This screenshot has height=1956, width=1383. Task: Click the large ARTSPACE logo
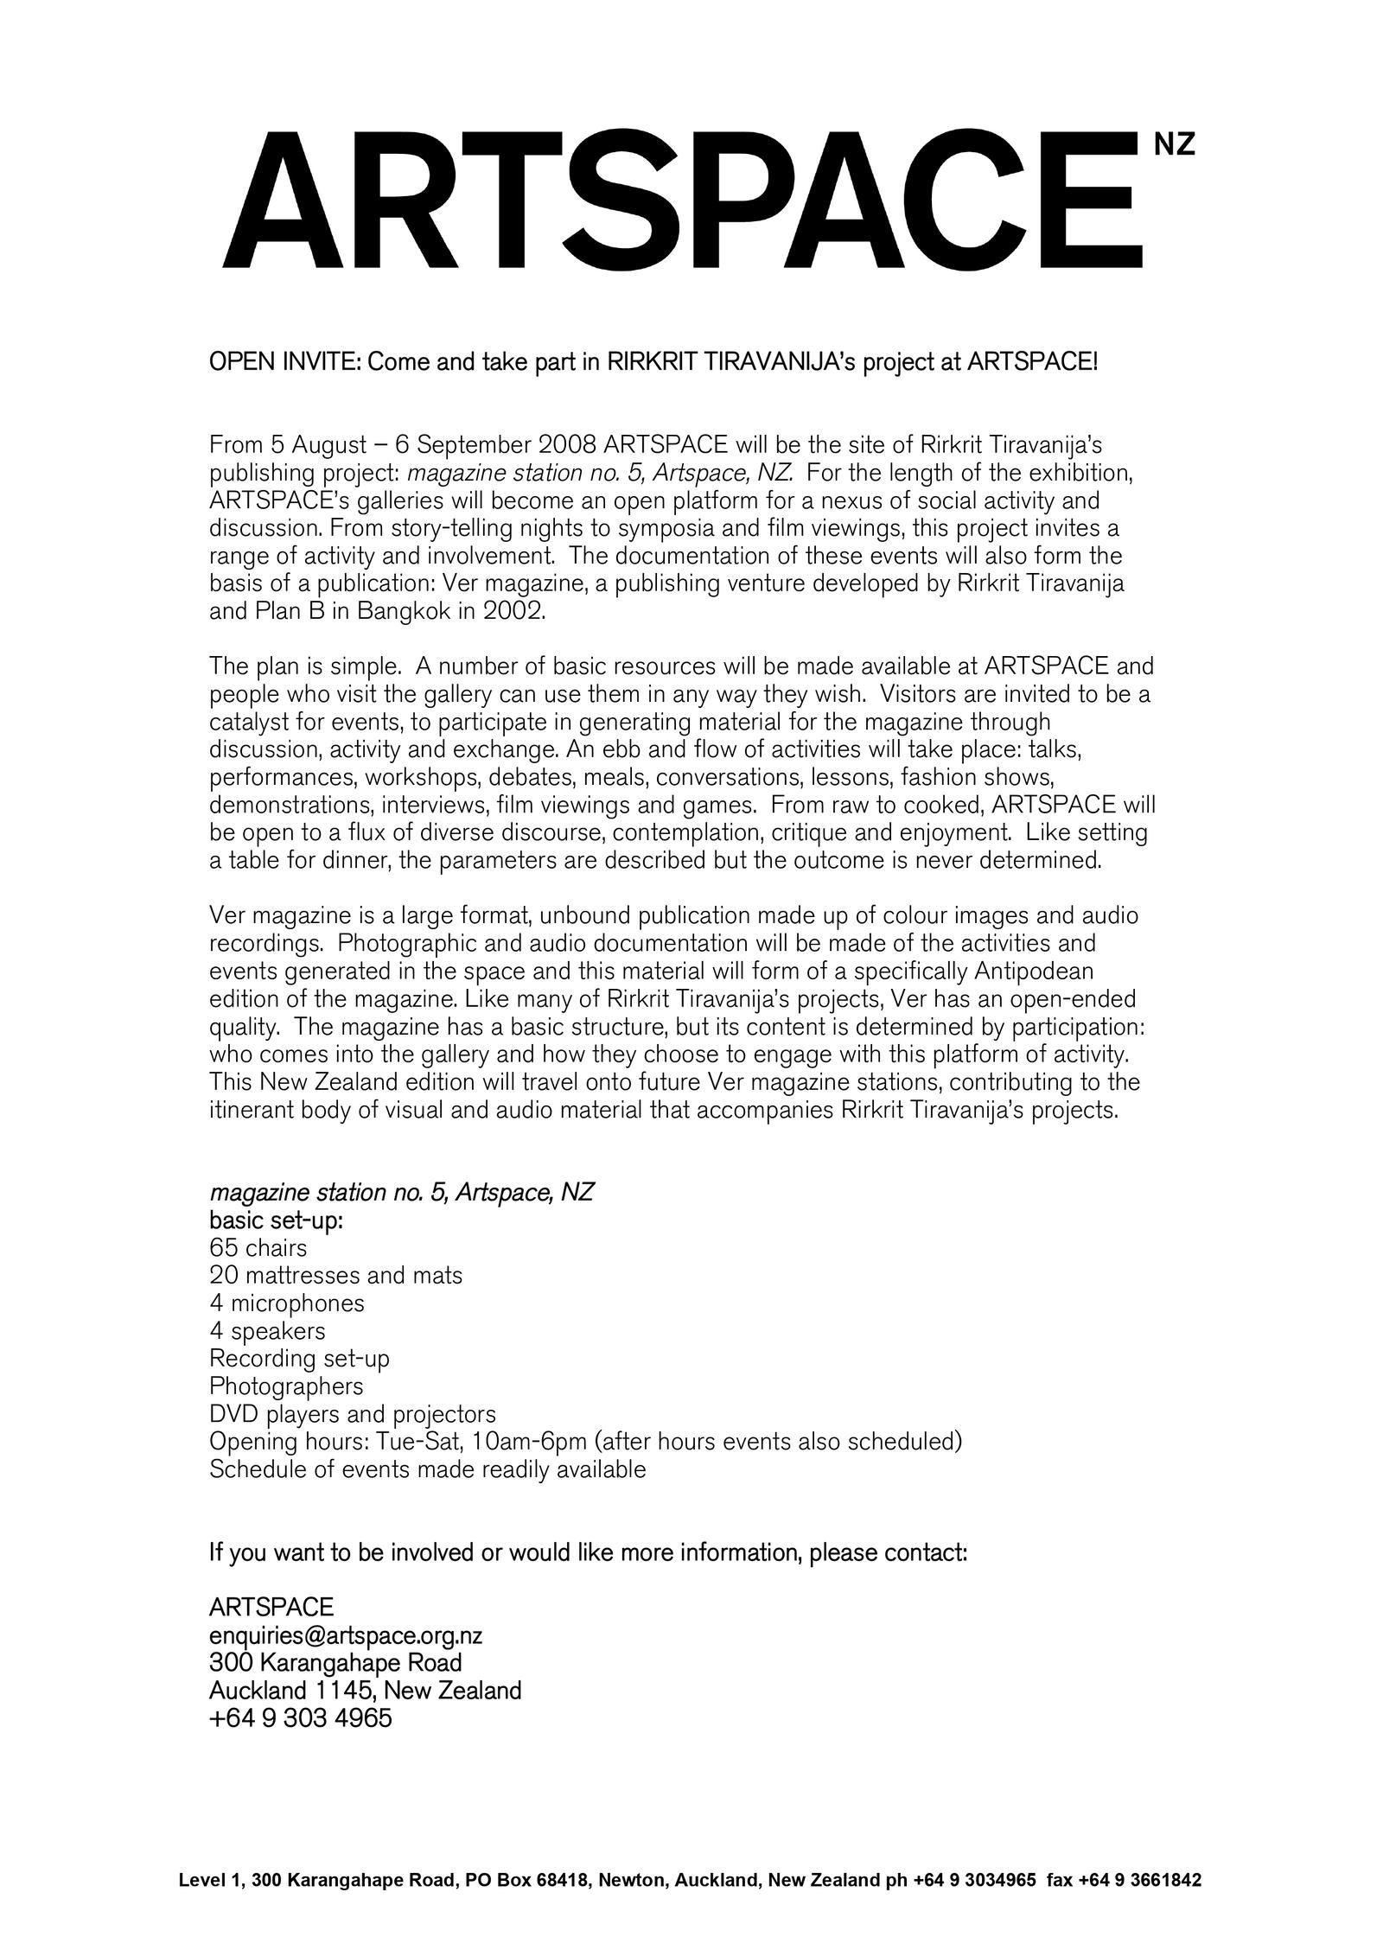click(x=683, y=201)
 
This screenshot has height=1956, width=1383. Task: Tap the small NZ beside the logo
click(x=1175, y=145)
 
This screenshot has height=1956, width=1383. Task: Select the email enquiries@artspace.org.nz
click(x=346, y=1635)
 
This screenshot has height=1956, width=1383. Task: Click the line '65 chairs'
click(x=258, y=1247)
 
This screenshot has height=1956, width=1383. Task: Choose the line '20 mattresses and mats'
click(x=335, y=1275)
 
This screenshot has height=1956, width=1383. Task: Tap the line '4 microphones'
click(x=287, y=1303)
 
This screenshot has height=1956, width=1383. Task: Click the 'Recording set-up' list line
click(x=299, y=1358)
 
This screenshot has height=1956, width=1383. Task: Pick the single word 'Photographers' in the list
click(x=286, y=1386)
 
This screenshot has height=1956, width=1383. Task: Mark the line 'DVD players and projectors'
click(x=353, y=1414)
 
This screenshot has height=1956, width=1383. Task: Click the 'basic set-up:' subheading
click(x=276, y=1220)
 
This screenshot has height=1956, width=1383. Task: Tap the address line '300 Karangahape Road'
click(x=335, y=1662)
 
